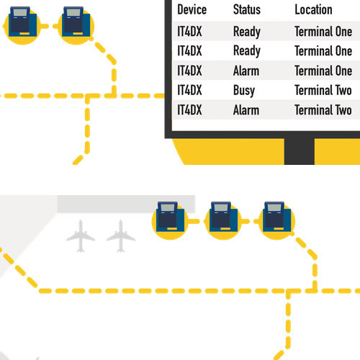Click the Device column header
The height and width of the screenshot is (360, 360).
(x=192, y=10)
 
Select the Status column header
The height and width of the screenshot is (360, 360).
(x=247, y=10)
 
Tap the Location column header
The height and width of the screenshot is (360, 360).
(x=313, y=10)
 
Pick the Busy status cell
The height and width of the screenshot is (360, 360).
(x=244, y=91)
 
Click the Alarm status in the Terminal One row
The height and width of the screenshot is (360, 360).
(x=246, y=71)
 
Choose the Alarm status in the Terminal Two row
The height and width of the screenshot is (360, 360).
(x=246, y=110)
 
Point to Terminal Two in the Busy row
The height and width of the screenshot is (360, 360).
(x=323, y=90)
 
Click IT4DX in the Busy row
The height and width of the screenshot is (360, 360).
(x=189, y=90)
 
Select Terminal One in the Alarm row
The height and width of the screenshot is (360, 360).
(x=323, y=71)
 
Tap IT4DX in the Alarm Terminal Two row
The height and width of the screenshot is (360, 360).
(x=189, y=110)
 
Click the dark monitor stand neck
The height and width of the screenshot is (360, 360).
(x=300, y=151)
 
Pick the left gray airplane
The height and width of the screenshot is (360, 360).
(x=81, y=236)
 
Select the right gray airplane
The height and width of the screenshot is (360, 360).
(x=121, y=236)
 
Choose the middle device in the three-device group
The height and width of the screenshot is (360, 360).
(x=223, y=220)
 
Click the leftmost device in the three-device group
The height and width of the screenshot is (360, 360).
(x=170, y=220)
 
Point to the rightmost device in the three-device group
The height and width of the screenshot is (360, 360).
(x=276, y=220)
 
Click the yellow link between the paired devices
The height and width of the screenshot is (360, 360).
(x=49, y=26)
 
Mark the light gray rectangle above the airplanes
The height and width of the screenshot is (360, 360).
(x=126, y=204)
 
